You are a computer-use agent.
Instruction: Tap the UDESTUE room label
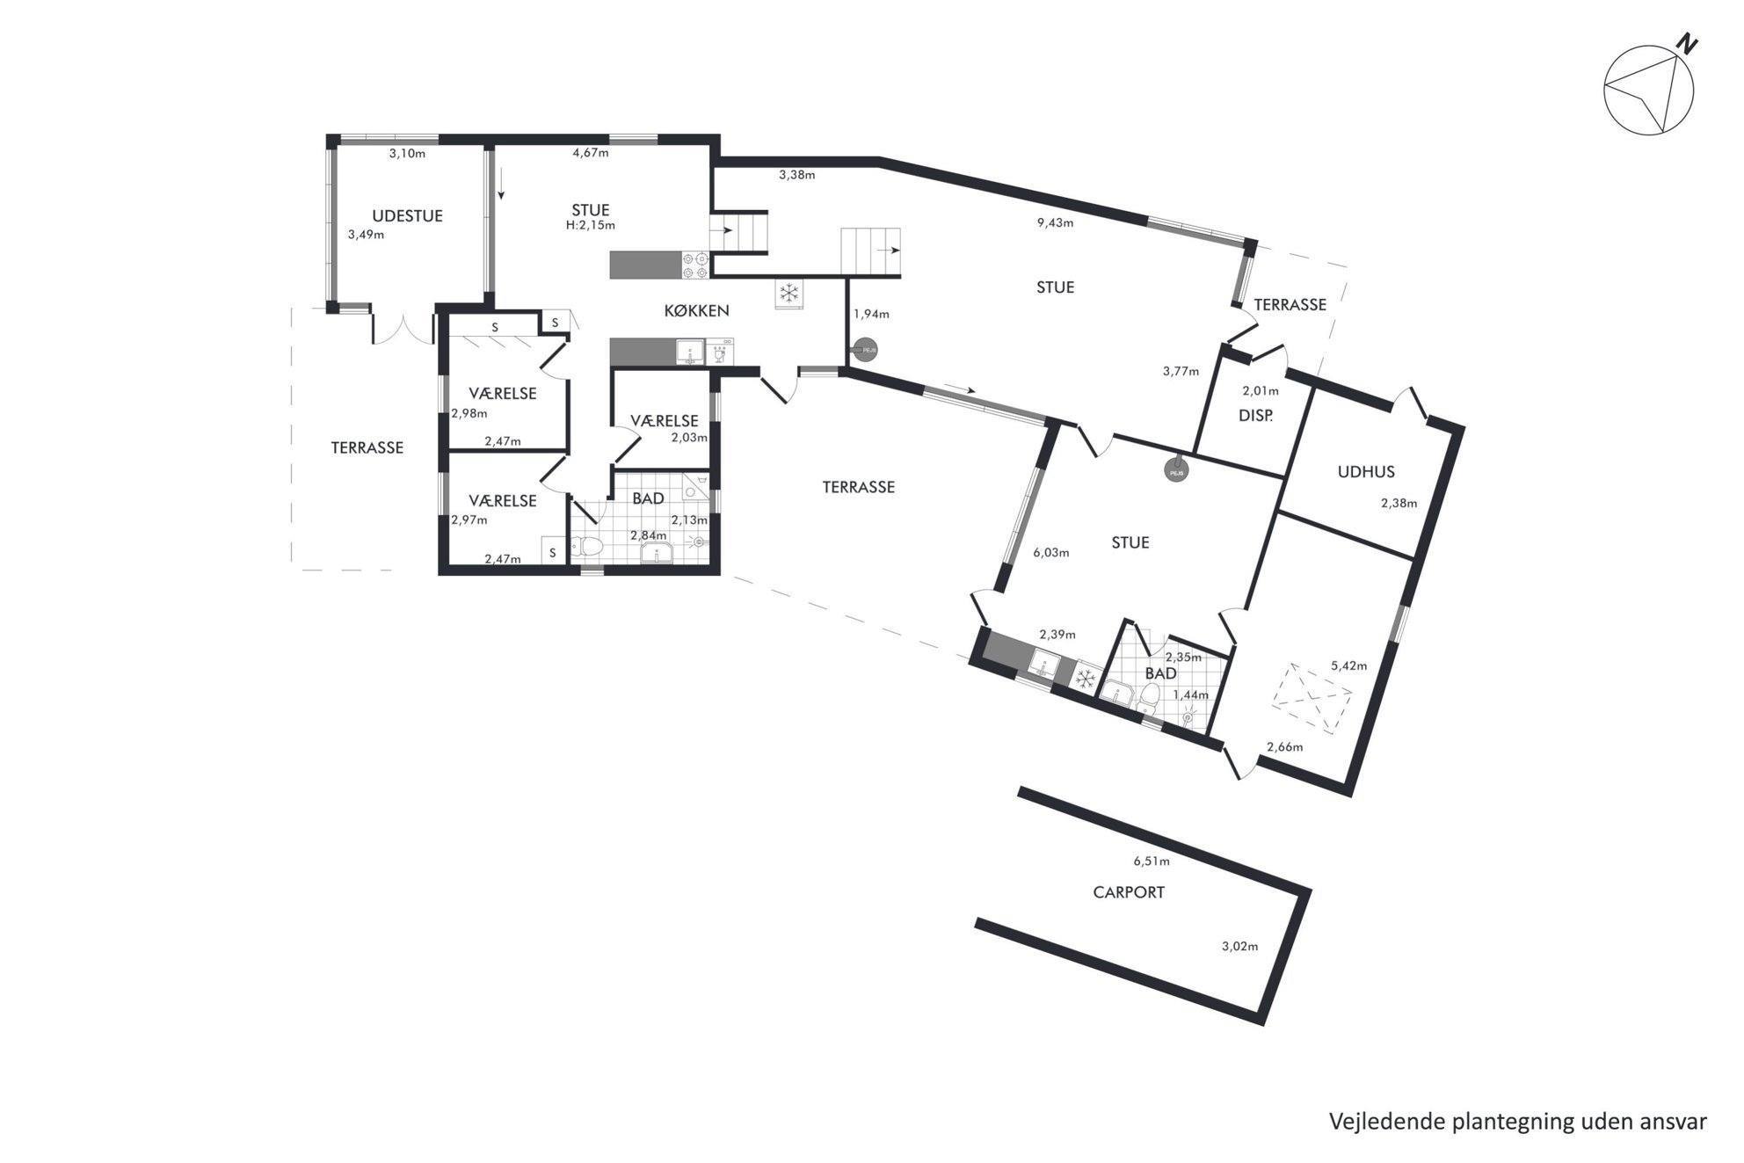click(407, 216)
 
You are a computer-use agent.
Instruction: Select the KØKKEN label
click(696, 310)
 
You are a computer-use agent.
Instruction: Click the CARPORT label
click(1129, 892)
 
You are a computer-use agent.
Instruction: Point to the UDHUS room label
click(1366, 472)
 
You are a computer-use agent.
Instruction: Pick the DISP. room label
click(1255, 416)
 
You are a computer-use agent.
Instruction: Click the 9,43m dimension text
click(1055, 222)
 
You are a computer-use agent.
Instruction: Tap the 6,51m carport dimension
click(1152, 861)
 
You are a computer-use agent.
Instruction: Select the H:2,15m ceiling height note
click(591, 225)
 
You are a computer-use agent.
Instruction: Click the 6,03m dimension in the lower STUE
click(1051, 553)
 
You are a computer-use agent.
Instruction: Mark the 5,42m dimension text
click(1349, 665)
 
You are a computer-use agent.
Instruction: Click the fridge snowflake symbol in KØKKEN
click(788, 294)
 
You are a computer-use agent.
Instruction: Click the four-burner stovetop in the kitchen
click(696, 265)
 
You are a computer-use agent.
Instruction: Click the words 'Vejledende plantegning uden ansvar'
click(1518, 1122)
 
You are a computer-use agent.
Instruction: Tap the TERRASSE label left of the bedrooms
click(367, 447)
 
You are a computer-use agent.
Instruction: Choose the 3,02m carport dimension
click(1239, 947)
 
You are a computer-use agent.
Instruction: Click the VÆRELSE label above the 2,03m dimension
click(665, 421)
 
